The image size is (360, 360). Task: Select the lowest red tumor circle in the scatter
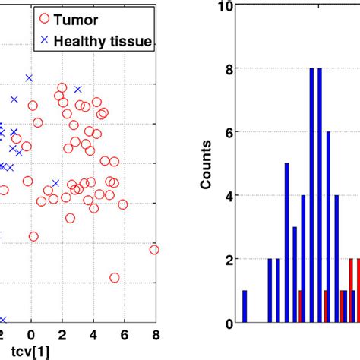tap(115, 277)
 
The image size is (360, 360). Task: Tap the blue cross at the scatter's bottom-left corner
tap(2, 321)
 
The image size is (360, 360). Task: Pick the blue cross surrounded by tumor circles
tap(55, 183)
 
